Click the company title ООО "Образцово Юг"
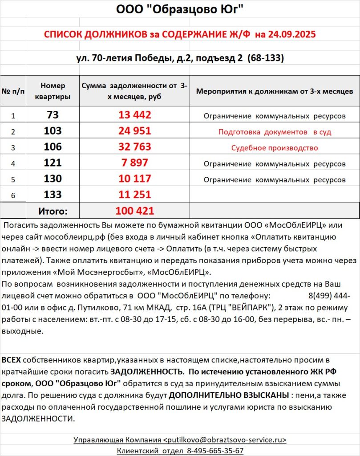tap(180, 9)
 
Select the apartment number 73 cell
tap(53, 115)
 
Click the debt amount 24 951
tap(135, 131)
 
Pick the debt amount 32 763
tap(135, 147)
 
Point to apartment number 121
tap(53, 163)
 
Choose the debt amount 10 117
tap(135, 179)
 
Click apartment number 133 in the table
tap(53, 195)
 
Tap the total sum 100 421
tap(135, 211)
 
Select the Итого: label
tap(53, 211)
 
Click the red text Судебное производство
tap(275, 148)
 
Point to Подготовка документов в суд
tap(275, 132)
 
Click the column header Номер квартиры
tap(53, 91)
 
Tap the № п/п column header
tap(13, 91)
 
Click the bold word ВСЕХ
tap(11, 360)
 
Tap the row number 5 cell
tap(13, 180)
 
